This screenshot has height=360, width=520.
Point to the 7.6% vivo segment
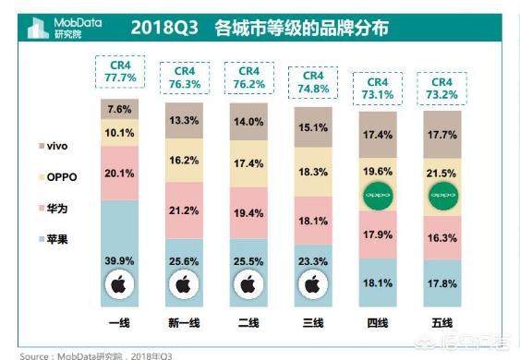[120, 108]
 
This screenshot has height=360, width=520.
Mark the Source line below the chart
[97, 354]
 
